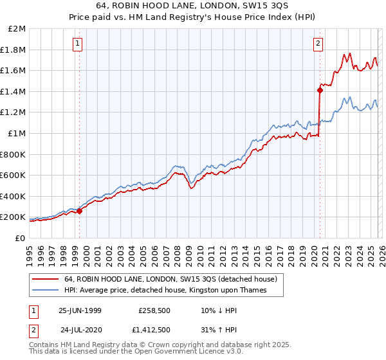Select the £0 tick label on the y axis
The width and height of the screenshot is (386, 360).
click(x=19, y=238)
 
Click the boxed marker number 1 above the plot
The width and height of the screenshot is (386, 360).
click(x=77, y=44)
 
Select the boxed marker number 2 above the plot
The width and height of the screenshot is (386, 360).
click(x=318, y=44)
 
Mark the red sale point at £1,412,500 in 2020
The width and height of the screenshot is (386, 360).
click(x=320, y=90)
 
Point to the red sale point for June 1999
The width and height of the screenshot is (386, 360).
click(x=80, y=210)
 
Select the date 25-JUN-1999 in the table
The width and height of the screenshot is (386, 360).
click(x=80, y=310)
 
